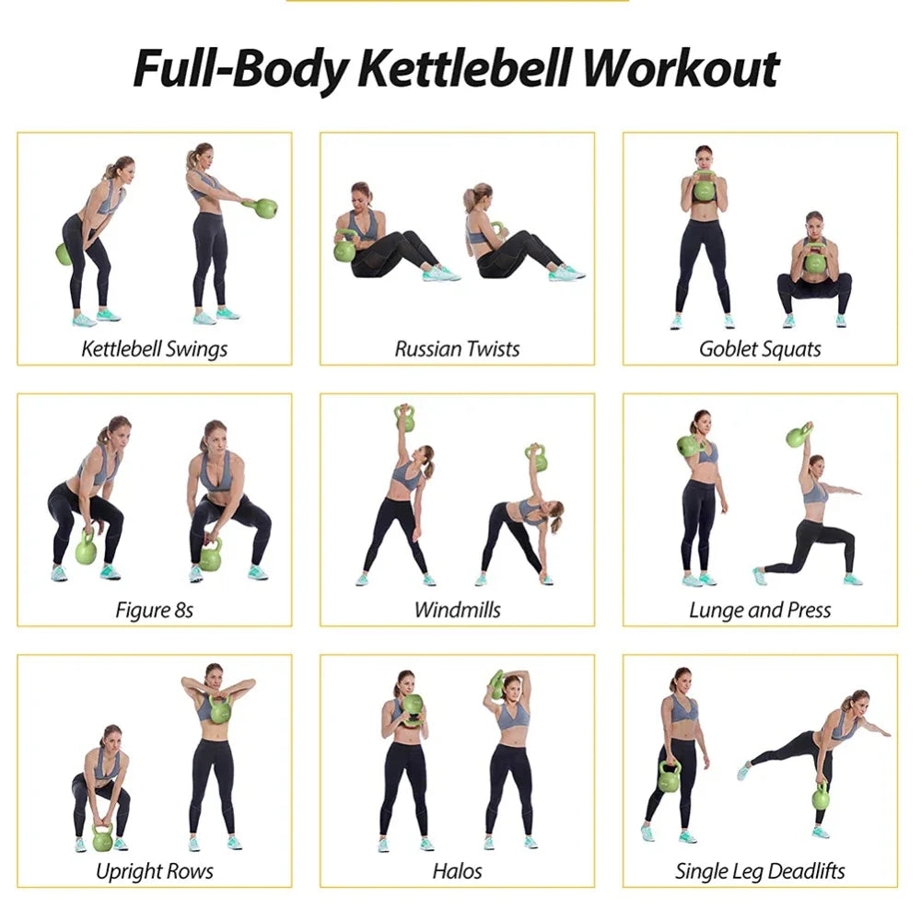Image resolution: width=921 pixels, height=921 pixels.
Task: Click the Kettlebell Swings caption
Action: click(x=154, y=349)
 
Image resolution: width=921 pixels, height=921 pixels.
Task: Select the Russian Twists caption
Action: click(x=457, y=349)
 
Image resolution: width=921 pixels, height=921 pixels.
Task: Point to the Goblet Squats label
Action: click(x=760, y=349)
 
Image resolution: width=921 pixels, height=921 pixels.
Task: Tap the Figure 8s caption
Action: click(x=154, y=610)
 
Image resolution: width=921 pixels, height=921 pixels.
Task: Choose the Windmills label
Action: click(x=457, y=610)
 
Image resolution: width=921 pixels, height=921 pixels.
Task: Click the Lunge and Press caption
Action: click(x=760, y=610)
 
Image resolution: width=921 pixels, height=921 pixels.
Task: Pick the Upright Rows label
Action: click(x=154, y=870)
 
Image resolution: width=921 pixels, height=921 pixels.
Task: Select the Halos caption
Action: click(x=457, y=870)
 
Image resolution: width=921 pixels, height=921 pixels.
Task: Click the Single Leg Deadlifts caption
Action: click(x=760, y=870)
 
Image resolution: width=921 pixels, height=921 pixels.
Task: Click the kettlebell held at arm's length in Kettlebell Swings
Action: click(x=266, y=208)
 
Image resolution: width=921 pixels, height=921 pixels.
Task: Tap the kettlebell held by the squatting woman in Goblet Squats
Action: click(x=814, y=262)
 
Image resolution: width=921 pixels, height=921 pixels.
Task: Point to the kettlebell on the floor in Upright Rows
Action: click(x=102, y=839)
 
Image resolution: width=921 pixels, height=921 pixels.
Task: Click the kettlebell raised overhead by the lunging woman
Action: click(x=798, y=436)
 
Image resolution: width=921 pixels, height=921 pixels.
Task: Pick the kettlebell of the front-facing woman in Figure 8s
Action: click(x=211, y=557)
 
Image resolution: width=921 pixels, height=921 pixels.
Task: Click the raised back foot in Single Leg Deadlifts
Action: click(x=743, y=771)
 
